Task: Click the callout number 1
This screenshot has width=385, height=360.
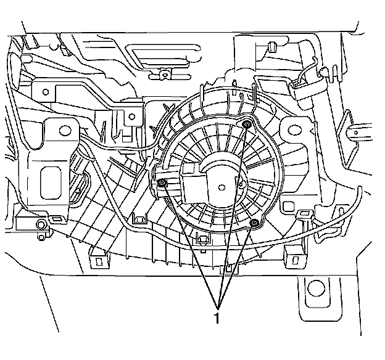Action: click(217, 319)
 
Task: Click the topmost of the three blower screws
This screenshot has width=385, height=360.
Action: click(246, 125)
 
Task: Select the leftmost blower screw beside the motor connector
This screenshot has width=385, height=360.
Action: click(162, 184)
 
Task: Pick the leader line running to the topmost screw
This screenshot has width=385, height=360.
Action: click(233, 210)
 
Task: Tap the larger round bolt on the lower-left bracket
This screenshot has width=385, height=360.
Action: click(43, 223)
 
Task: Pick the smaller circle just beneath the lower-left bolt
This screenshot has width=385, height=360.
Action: click(41, 234)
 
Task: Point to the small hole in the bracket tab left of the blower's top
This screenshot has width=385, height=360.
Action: click(131, 117)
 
